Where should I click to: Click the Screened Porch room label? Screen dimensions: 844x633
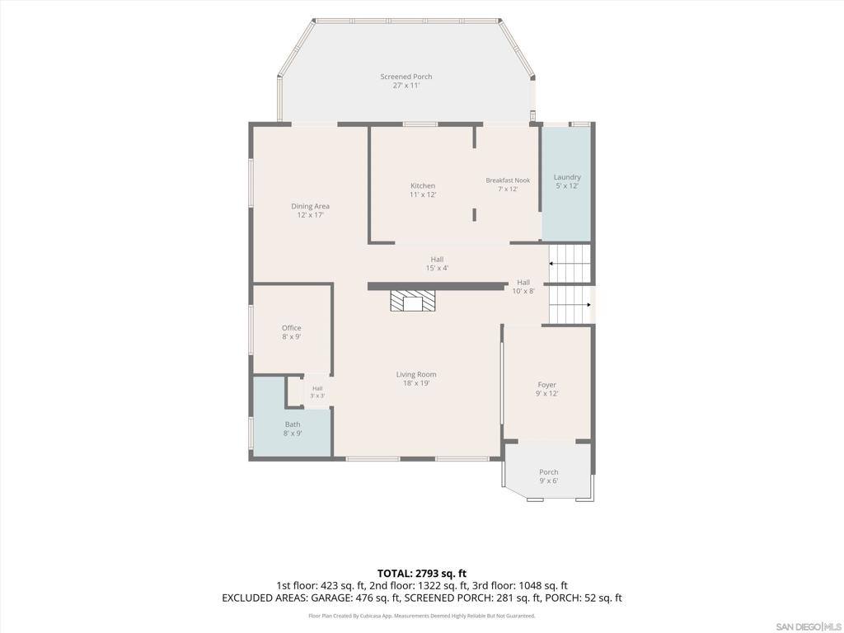click(406, 81)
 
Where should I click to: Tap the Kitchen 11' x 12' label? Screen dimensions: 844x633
click(423, 190)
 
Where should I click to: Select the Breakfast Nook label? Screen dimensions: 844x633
click(508, 185)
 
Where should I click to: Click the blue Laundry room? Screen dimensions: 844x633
click(566, 184)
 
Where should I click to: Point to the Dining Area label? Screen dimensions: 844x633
click(310, 210)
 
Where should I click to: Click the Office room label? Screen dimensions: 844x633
click(291, 332)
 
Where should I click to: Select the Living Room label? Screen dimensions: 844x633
click(416, 379)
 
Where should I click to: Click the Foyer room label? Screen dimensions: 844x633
click(547, 389)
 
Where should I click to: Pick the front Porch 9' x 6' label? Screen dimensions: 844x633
click(548, 476)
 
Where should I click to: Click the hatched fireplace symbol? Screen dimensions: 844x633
click(412, 301)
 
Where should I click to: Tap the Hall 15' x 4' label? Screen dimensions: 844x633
click(437, 264)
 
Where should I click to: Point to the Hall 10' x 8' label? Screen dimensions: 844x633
click(523, 286)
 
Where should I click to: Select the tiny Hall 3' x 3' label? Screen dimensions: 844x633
click(317, 392)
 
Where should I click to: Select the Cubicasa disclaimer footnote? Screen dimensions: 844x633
click(421, 616)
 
